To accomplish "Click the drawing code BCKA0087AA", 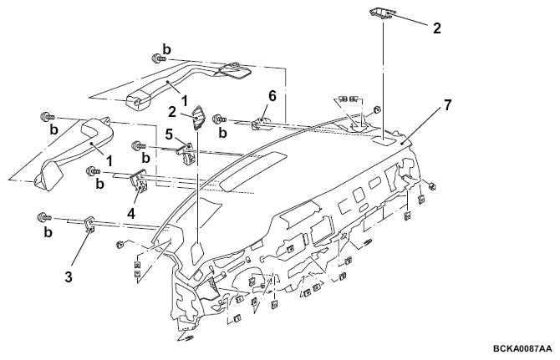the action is (x=522, y=348).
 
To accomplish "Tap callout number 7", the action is (x=447, y=105).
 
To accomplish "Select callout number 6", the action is (x=272, y=96).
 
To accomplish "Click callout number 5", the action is (x=169, y=134).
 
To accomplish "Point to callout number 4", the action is (x=131, y=213).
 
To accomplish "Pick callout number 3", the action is (x=69, y=276).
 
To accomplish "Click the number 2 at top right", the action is (x=437, y=28).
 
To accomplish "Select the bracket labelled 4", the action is (x=139, y=181).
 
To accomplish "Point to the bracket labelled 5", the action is (x=186, y=154).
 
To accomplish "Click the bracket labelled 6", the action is (x=262, y=123).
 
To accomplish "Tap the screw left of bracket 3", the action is (x=44, y=217).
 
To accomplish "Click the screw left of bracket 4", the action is (x=94, y=171).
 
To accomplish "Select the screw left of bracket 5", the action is (x=140, y=145).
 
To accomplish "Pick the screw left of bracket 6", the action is (x=220, y=118).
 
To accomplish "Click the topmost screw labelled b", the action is (x=156, y=58).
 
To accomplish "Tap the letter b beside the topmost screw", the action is (x=166, y=49).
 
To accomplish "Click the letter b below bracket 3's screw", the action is (x=48, y=232).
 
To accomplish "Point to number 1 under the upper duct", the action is (x=184, y=101).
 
